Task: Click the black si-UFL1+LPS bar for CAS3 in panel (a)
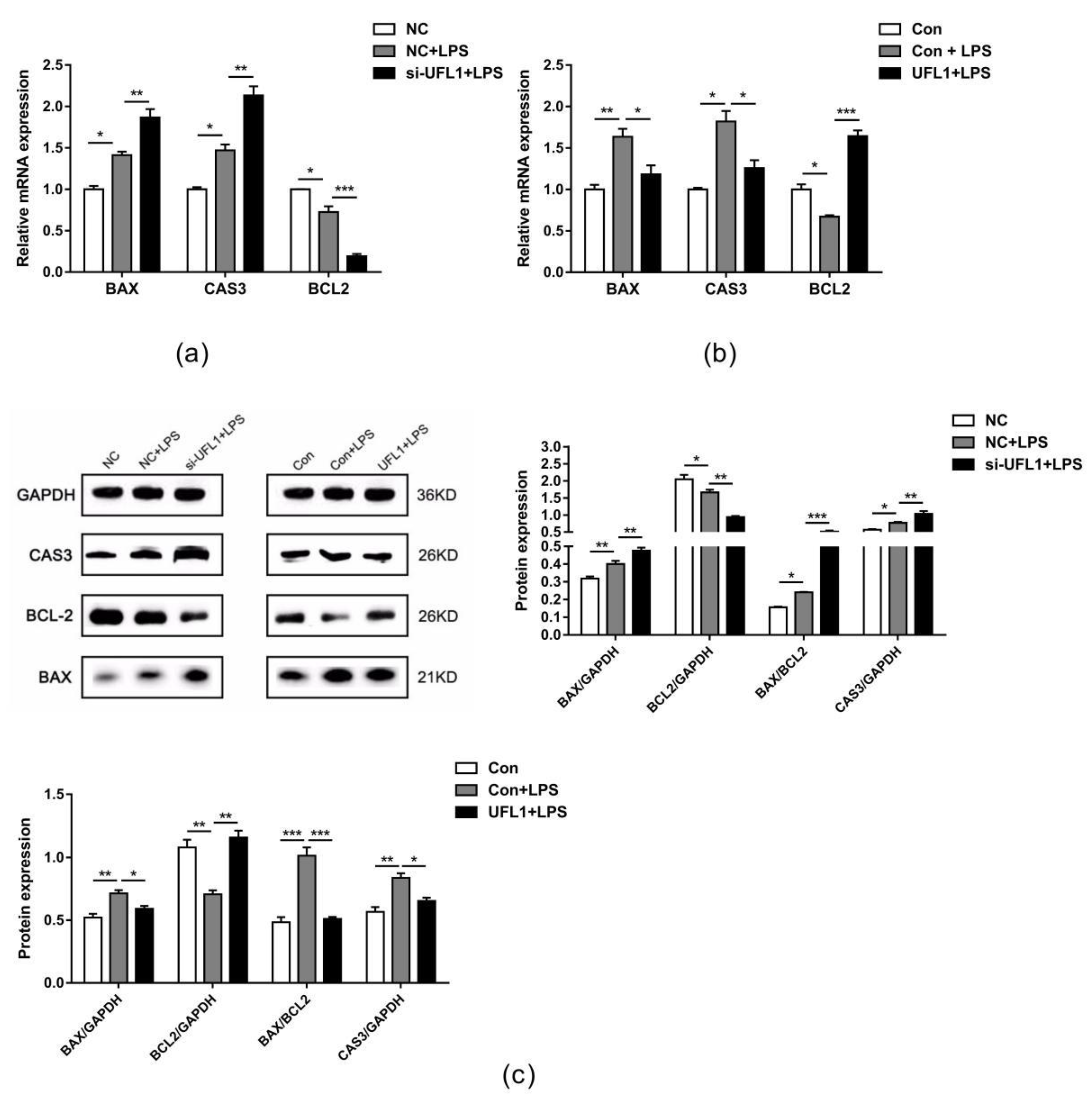coord(253,184)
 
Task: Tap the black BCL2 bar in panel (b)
coord(857,204)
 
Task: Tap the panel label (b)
coord(720,354)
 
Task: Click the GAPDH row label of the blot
coord(46,495)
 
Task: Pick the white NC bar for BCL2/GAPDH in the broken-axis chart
coord(684,556)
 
